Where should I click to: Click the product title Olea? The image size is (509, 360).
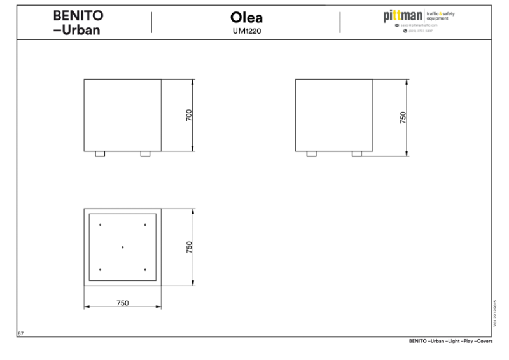click(x=246, y=18)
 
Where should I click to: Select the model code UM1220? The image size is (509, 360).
click(x=246, y=31)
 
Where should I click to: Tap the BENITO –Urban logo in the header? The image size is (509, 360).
click(x=78, y=22)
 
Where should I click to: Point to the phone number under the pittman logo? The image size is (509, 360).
click(x=420, y=31)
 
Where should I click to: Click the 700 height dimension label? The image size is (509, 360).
click(x=189, y=115)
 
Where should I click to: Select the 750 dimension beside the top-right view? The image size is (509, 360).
click(x=403, y=118)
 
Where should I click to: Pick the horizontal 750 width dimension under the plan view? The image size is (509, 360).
click(x=123, y=303)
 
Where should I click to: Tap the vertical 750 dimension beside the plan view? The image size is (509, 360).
click(x=189, y=247)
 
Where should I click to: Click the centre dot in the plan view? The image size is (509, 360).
click(x=123, y=247)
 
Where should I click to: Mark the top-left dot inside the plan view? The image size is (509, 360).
click(x=100, y=225)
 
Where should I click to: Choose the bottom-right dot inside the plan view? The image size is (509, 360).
click(x=145, y=270)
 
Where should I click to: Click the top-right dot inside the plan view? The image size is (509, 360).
click(x=145, y=225)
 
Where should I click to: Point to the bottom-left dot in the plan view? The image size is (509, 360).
click(x=100, y=270)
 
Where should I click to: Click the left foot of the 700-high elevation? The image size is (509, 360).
click(x=100, y=154)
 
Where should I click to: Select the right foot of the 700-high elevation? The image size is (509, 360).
click(x=145, y=154)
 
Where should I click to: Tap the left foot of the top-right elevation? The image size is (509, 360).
click(x=311, y=154)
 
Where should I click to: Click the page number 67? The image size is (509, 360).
click(x=20, y=333)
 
